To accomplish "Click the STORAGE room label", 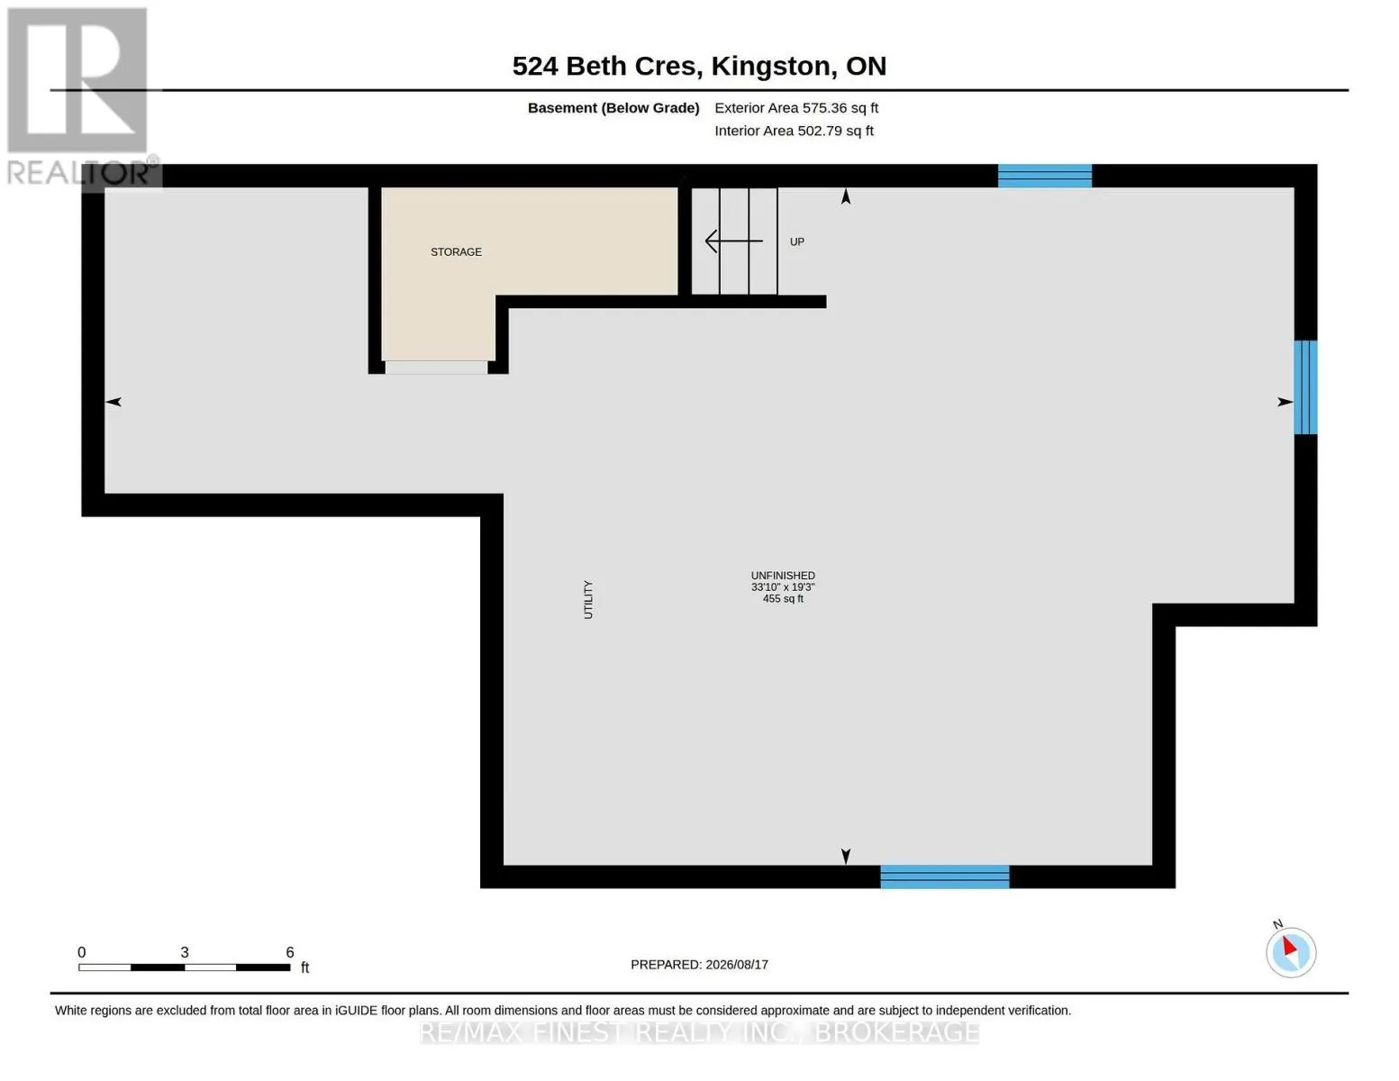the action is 456,251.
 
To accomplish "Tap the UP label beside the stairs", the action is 797,242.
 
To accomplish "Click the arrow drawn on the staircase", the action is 734,241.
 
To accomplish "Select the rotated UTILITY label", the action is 588,599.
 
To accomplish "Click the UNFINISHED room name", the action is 783,576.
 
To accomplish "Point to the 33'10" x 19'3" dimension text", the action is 783,587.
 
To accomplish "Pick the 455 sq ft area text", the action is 783,599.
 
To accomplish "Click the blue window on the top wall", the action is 1045,176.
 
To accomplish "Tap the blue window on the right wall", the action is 1305,387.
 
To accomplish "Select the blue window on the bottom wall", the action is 945,877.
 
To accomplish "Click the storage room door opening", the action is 436,368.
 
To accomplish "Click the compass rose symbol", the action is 1291,952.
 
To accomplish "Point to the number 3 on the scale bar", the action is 184,952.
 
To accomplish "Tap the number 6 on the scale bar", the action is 290,952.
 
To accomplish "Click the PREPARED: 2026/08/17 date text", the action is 699,965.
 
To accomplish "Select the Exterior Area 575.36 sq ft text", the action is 796,108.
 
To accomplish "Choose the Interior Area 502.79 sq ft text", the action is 794,131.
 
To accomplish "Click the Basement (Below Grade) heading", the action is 613,108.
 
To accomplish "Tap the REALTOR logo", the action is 82,96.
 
